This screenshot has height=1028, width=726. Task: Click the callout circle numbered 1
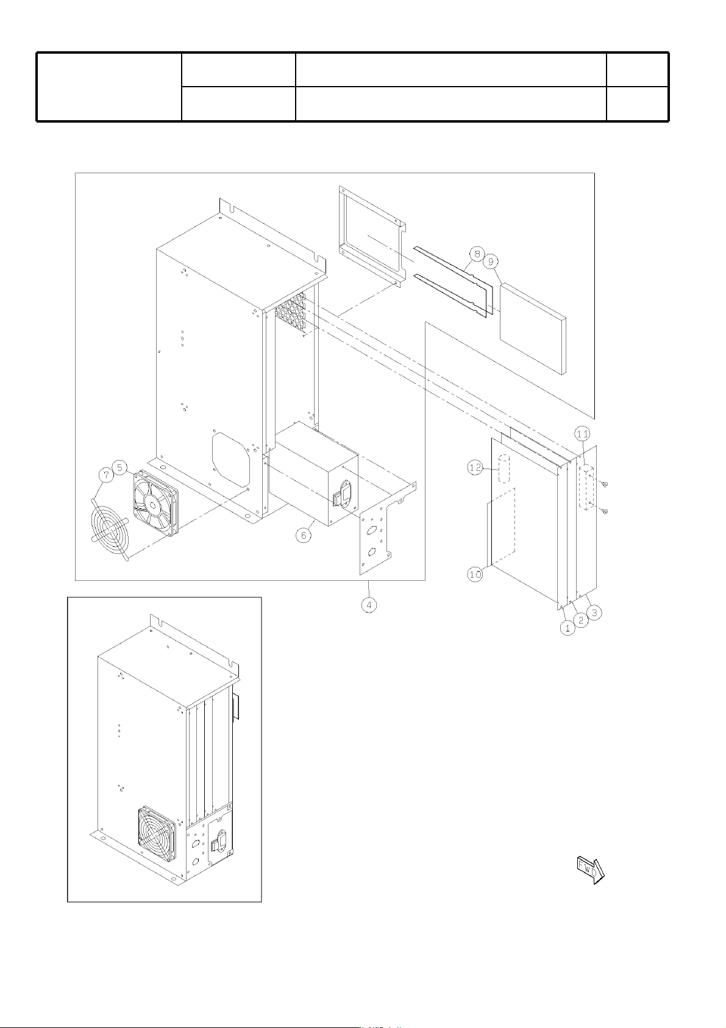pos(568,627)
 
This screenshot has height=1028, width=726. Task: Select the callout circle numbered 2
pos(581,620)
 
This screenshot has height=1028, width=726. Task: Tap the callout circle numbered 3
pos(594,612)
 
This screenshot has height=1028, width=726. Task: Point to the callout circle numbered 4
pos(369,605)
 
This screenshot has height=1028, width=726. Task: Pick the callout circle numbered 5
pos(119,468)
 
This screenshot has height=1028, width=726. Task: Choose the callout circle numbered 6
pos(303,535)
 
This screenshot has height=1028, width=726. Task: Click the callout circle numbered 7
pos(107,475)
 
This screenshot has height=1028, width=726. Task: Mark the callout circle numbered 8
pos(477,254)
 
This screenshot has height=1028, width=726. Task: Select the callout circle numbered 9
pos(491,262)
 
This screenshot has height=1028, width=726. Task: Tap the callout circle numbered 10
pos(475,574)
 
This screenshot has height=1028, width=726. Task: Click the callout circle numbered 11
pos(583,434)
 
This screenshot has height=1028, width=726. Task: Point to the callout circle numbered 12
pos(475,468)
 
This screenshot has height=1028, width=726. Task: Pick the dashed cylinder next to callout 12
pos(504,469)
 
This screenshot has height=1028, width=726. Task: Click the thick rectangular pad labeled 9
pos(533,329)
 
